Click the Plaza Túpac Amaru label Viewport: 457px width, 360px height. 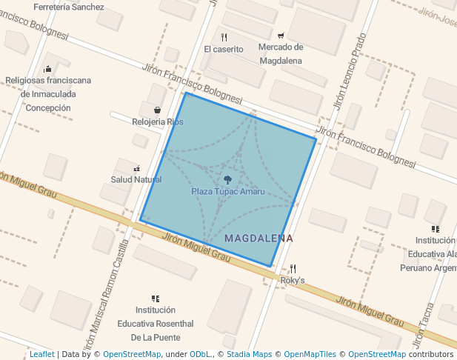227,191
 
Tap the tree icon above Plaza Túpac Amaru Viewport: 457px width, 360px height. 227,180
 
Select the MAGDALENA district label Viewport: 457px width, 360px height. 258,239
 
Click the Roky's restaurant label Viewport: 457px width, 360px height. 293,281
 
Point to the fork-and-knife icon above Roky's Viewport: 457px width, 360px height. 293,269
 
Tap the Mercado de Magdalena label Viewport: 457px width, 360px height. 281,54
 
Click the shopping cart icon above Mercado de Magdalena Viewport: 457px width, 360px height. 281,35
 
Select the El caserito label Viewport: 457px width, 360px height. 224,50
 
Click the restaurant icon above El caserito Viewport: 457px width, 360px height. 224,37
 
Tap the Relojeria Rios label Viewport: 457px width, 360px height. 158,121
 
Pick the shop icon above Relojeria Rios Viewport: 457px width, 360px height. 158,110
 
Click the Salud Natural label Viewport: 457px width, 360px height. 136,179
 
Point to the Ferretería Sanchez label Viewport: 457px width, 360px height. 69,7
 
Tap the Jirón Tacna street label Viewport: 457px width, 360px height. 422,329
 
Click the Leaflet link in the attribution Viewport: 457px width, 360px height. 41,355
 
